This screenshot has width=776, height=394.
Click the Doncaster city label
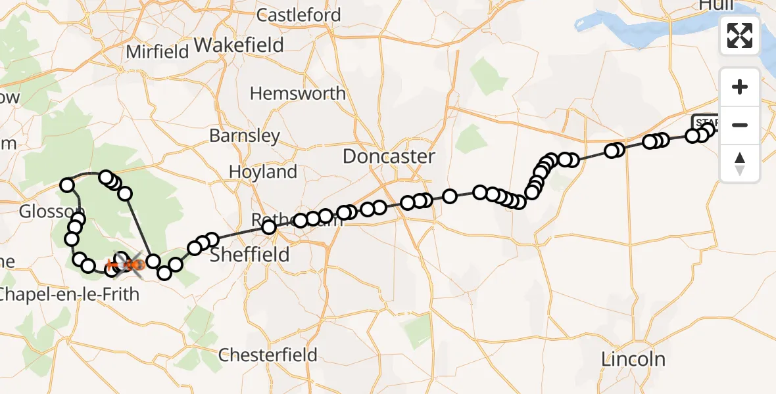(389, 156)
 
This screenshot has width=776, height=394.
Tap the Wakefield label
(239, 45)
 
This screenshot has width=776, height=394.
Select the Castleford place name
(299, 14)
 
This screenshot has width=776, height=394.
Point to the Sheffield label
(249, 255)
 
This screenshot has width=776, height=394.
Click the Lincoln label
(634, 359)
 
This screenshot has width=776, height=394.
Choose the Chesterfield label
(268, 355)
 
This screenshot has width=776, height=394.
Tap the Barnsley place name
(245, 136)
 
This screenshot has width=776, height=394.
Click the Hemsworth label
(298, 93)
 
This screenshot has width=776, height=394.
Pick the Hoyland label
(263, 172)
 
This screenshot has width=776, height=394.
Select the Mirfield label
(158, 52)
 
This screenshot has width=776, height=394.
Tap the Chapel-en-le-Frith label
(69, 294)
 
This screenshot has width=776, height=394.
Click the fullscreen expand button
(740, 35)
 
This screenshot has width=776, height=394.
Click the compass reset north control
(740, 164)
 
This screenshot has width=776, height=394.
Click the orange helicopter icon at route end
(133, 265)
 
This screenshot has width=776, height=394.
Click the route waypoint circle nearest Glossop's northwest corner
(67, 185)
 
